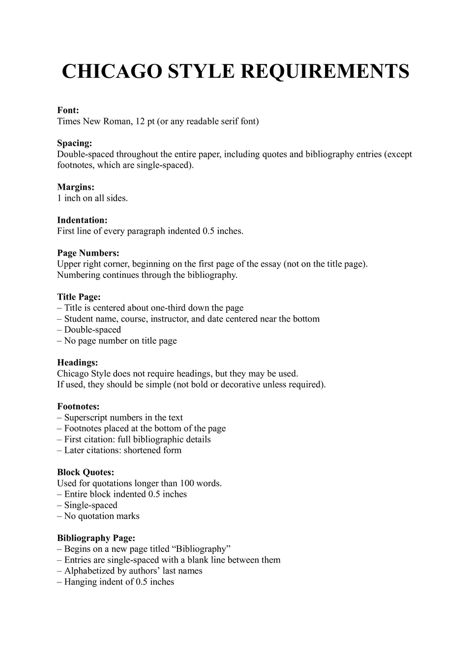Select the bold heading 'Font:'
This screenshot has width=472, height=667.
(x=68, y=110)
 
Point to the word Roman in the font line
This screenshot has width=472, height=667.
(x=116, y=121)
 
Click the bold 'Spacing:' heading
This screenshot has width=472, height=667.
(x=74, y=143)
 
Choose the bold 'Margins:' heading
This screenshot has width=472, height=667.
(x=76, y=187)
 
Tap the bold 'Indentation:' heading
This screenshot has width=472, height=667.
(x=82, y=220)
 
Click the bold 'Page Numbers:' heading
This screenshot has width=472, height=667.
(x=88, y=253)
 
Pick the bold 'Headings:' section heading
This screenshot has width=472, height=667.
(x=77, y=363)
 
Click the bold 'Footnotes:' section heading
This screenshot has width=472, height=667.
(x=78, y=406)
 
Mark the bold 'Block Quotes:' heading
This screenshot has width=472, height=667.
(x=86, y=472)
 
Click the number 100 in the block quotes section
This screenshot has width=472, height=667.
(x=187, y=483)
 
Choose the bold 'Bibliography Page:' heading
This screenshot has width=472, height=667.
(x=96, y=538)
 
